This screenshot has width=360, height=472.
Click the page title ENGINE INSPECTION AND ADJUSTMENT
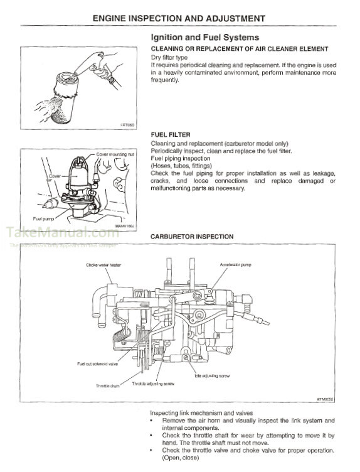179,18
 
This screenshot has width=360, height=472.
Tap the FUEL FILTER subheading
171,134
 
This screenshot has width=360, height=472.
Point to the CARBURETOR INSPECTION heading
192,237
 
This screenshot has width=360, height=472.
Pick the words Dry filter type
170,57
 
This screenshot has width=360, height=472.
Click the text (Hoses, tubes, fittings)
180,166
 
